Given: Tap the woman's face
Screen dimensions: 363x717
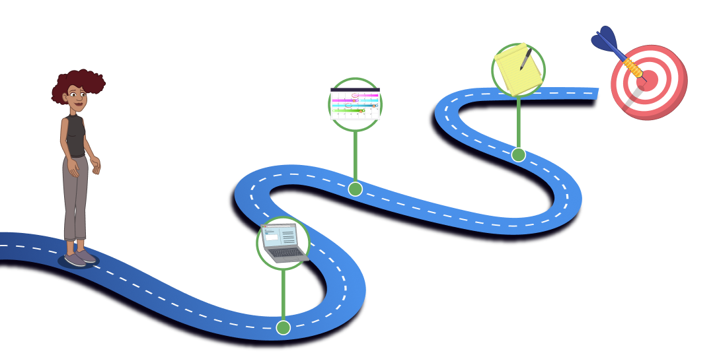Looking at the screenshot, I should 76,98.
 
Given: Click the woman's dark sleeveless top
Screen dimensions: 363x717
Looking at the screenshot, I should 75,135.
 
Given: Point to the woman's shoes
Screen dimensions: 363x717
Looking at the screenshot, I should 80,257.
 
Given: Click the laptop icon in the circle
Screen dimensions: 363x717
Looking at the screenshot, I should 283,243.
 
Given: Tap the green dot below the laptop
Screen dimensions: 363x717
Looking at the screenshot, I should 283,327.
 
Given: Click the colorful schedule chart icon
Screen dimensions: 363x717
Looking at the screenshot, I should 355,104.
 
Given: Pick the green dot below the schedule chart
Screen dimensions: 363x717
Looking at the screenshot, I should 355,189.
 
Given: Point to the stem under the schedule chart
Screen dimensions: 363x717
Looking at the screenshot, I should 355,155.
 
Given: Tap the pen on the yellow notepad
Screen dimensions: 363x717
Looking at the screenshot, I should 526,58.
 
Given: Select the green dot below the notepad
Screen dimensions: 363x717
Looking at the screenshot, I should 518,154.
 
